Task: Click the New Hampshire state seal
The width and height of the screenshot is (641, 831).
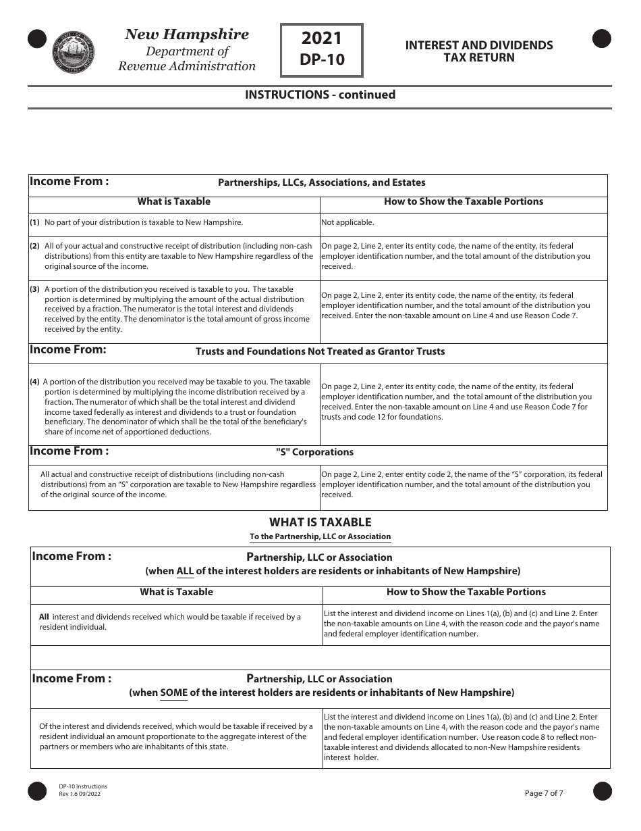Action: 74,51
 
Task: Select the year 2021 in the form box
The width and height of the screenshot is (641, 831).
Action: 322,39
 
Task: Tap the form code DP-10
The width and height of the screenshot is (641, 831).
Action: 322,60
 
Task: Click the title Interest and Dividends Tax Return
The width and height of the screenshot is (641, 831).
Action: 478,51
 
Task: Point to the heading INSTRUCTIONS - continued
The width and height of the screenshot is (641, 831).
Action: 320,95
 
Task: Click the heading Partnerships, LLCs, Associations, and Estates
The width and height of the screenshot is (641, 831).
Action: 321,182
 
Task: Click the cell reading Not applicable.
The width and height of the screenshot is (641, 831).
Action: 347,222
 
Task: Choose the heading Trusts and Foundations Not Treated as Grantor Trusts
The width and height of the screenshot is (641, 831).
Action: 320,351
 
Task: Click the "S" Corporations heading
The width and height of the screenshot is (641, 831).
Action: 314,452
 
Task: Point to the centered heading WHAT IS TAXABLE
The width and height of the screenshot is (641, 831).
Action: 320,522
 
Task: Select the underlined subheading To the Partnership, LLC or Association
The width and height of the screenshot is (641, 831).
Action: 320,536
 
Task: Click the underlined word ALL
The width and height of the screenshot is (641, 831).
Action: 185,571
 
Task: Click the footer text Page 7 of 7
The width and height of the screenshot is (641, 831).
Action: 544,793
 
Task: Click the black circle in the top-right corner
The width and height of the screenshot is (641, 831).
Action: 601,39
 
